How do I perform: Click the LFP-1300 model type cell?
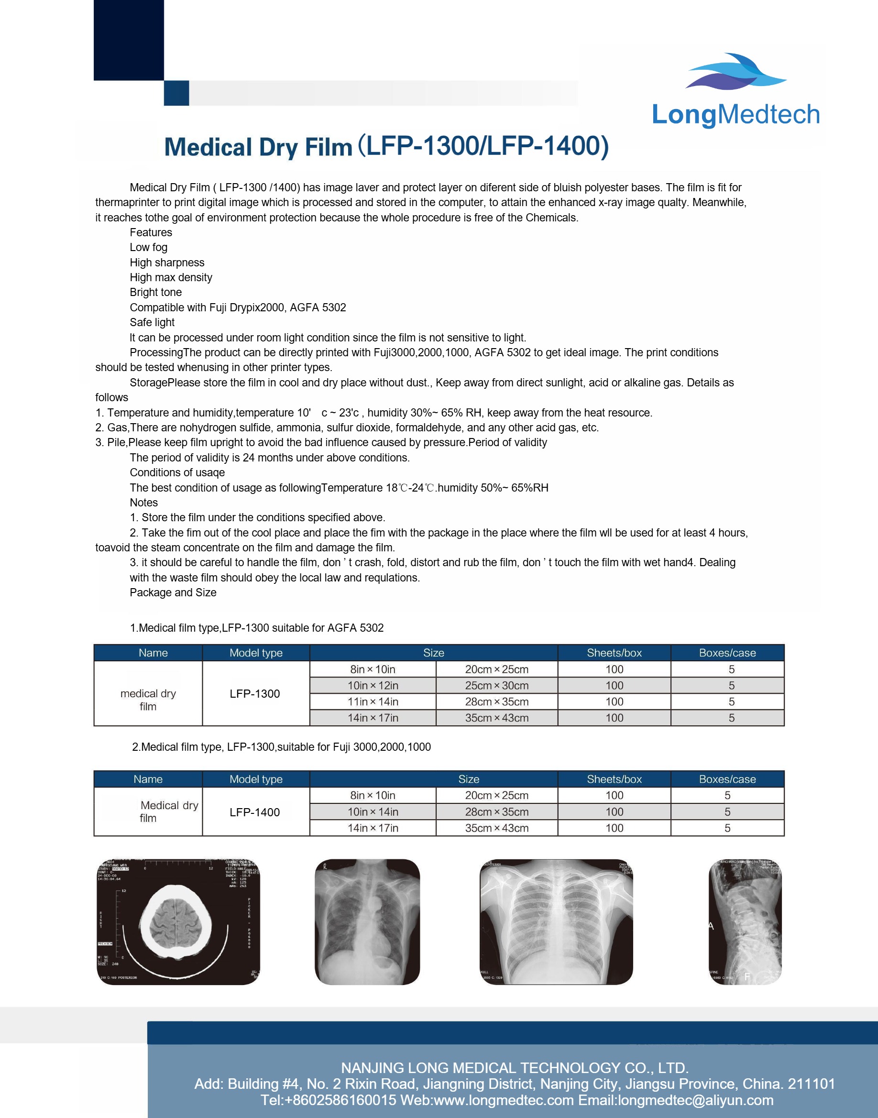(255, 693)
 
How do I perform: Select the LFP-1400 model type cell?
(255, 812)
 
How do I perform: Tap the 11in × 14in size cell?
(373, 701)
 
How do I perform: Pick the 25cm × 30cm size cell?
(496, 686)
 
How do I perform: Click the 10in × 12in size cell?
(373, 686)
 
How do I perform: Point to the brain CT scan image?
(178, 921)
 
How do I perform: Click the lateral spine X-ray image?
(745, 921)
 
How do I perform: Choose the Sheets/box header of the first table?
(615, 653)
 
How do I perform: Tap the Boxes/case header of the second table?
(727, 779)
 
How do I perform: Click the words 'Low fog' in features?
(149, 247)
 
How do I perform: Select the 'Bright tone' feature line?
(156, 293)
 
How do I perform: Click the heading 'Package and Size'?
(173, 592)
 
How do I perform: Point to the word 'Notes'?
(144, 503)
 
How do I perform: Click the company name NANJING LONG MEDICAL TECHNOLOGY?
(515, 1068)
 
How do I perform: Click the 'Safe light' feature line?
(152, 322)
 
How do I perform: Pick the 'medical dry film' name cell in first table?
(148, 700)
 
